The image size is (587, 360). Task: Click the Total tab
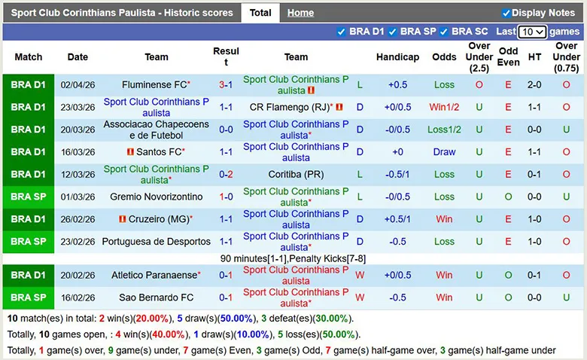(260, 13)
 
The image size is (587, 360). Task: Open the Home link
(300, 13)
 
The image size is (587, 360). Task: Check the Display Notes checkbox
(506, 13)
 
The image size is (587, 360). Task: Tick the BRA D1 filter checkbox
(342, 32)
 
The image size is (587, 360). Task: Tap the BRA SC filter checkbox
(444, 32)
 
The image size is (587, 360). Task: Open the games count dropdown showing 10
(532, 32)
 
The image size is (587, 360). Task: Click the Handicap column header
(397, 57)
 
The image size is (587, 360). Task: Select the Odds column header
(444, 57)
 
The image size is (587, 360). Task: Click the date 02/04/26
(78, 85)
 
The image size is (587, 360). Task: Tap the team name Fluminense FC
(154, 85)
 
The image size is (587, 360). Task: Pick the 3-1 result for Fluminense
(226, 85)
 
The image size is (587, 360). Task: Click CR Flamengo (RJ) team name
(290, 108)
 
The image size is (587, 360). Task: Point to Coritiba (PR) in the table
(296, 175)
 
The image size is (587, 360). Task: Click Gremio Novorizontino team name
(156, 197)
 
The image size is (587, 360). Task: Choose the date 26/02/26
(78, 219)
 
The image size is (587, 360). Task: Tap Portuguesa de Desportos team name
(157, 242)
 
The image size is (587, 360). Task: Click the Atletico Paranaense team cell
(154, 276)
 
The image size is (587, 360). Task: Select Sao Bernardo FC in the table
(156, 297)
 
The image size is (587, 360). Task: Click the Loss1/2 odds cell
(444, 130)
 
